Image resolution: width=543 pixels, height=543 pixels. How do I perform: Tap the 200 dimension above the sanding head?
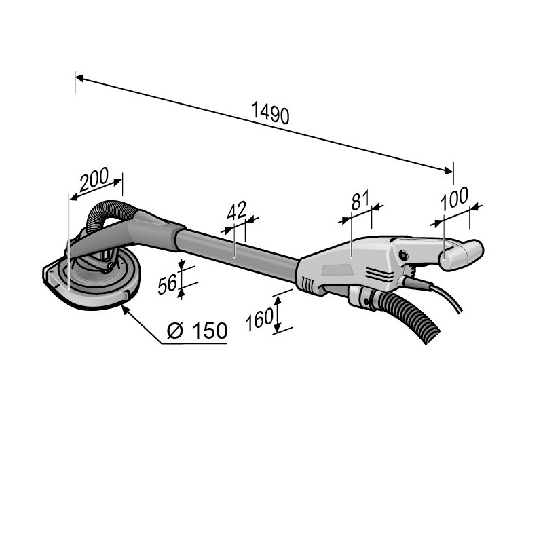click(94, 180)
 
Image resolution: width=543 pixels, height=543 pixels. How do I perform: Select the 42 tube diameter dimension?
click(236, 210)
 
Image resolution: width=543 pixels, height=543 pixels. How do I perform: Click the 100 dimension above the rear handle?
click(454, 198)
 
